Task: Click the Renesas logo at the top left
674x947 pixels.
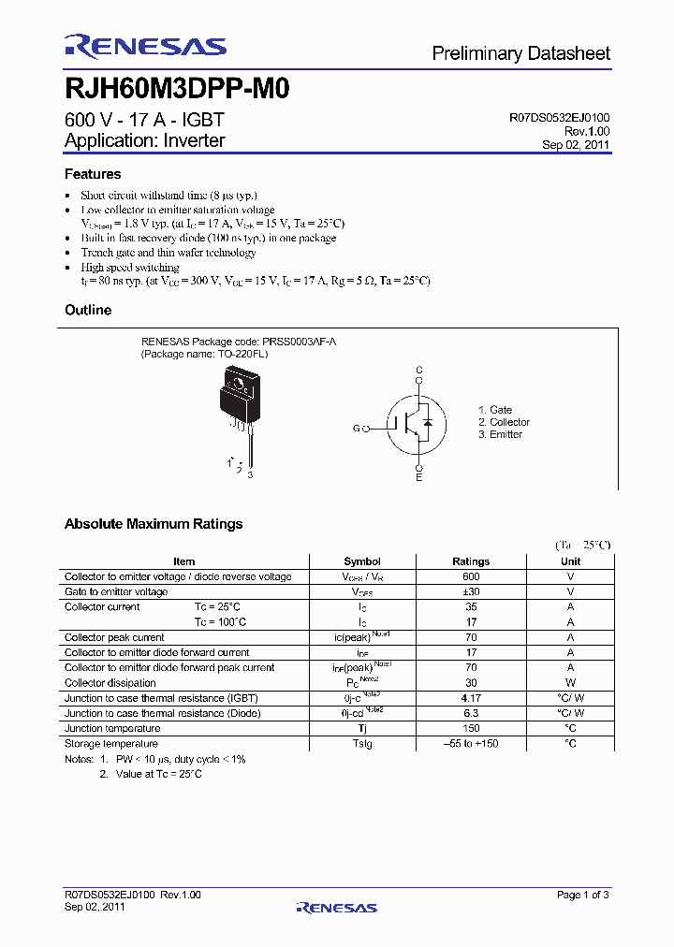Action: click(x=145, y=47)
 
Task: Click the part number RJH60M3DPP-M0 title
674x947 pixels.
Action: click(x=178, y=89)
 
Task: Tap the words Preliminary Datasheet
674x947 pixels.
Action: click(x=520, y=53)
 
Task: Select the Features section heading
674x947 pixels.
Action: click(x=93, y=174)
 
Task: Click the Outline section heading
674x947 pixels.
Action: click(x=88, y=310)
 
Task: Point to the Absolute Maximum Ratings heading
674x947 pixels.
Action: click(x=154, y=524)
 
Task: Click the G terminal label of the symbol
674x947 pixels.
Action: click(x=356, y=429)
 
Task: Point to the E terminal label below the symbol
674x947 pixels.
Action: click(x=419, y=478)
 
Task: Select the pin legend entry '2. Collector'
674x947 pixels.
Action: click(x=504, y=422)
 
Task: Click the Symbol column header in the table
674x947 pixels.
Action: click(x=362, y=561)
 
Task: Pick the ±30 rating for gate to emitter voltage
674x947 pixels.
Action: click(x=471, y=591)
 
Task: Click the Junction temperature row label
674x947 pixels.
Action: click(x=112, y=728)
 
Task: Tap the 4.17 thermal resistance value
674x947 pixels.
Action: click(x=471, y=698)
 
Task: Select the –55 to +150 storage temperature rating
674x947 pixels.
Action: click(x=471, y=743)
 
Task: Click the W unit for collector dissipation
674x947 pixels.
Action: click(x=570, y=683)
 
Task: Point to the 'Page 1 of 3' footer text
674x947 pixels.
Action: click(x=582, y=895)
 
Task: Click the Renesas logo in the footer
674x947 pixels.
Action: click(x=336, y=907)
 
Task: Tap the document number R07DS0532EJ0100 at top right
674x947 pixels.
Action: click(x=560, y=118)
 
